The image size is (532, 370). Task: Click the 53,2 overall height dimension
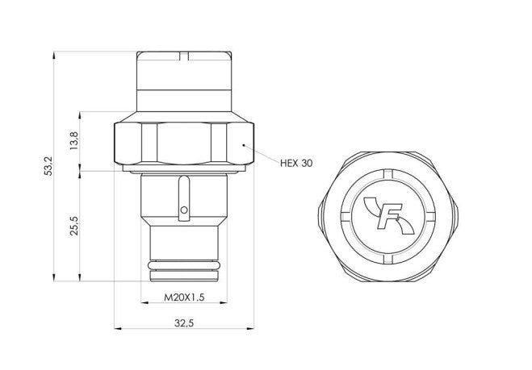point(49,167)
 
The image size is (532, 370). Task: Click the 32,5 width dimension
point(185,322)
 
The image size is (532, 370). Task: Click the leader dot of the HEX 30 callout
point(243,143)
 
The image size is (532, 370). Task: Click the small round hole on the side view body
point(184,210)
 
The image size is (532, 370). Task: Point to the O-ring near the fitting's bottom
point(185,265)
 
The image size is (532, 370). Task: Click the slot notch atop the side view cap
point(185,56)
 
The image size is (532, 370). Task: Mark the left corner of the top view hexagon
point(321,216)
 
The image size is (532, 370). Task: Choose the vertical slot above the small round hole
point(184,193)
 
